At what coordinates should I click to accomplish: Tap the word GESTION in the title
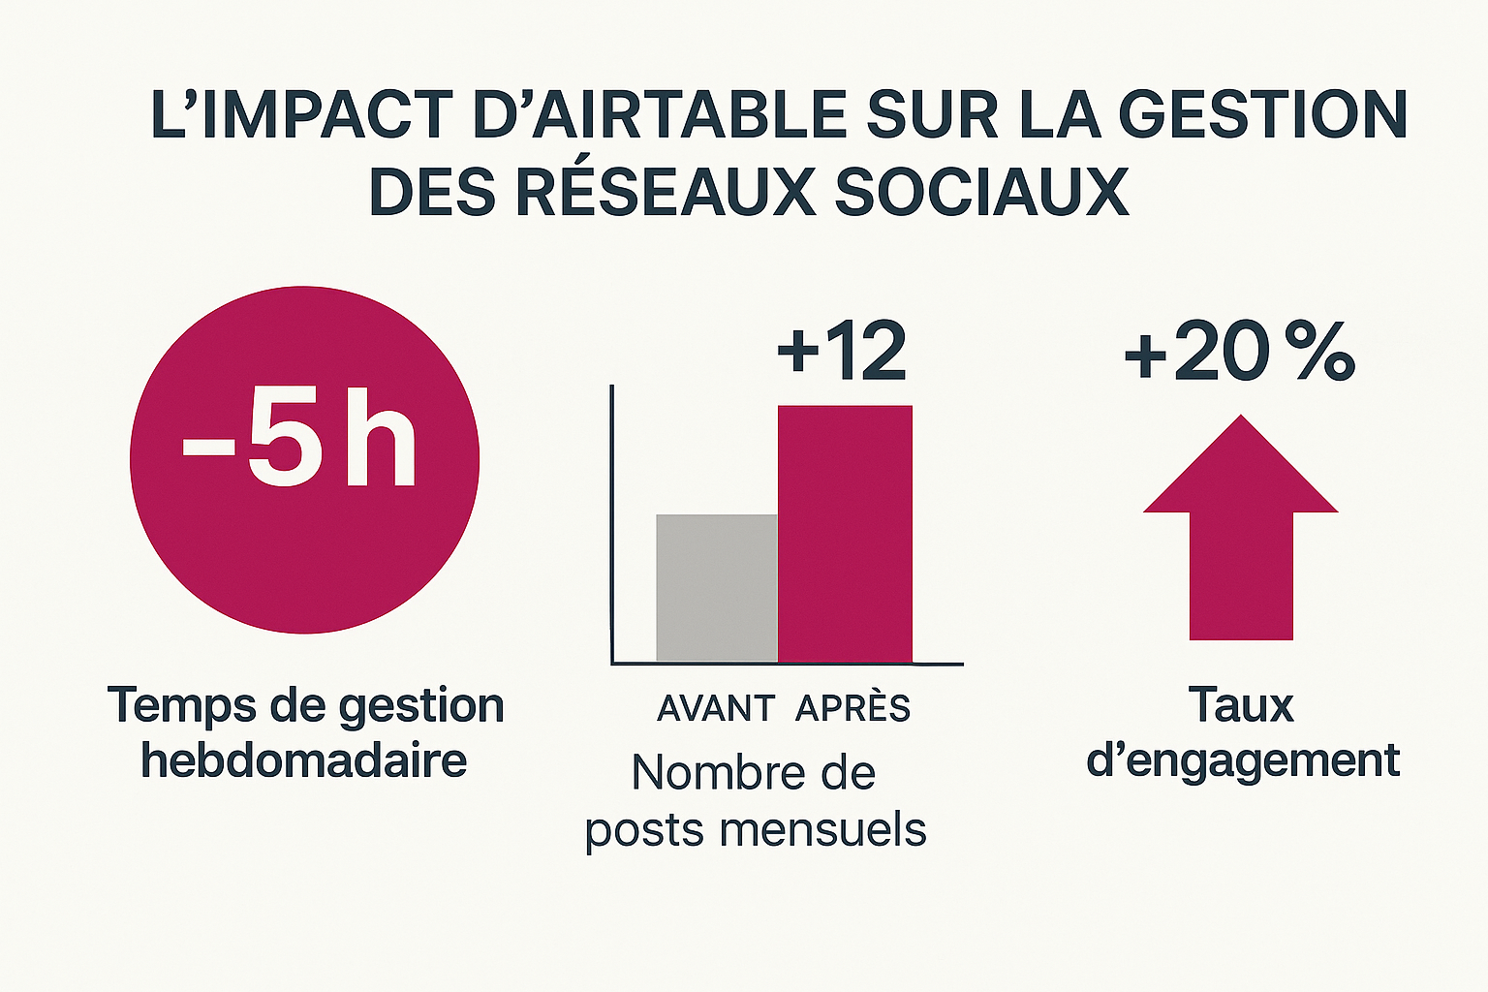1262,114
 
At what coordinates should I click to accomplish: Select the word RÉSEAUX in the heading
666,192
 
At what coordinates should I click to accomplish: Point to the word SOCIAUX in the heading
981,192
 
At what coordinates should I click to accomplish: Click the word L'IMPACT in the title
301,114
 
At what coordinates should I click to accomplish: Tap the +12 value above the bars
842,351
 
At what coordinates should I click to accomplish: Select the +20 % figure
1239,353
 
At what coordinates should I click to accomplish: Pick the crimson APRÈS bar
845,534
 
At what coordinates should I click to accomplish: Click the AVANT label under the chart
716,709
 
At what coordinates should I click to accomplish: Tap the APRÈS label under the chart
852,709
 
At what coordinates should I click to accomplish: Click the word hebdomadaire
304,760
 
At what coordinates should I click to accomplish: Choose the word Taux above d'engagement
1241,705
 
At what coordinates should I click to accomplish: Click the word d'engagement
1243,760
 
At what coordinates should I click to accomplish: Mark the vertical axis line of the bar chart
612,523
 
